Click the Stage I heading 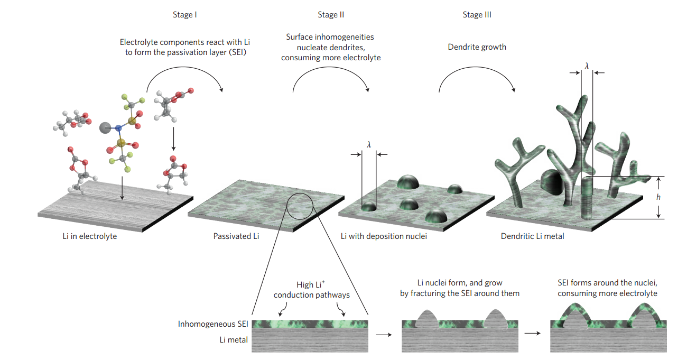click(185, 15)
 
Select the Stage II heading click(331, 15)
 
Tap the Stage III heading click(477, 15)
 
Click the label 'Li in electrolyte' click(90, 236)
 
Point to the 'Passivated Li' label click(236, 236)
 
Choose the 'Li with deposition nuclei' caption click(384, 236)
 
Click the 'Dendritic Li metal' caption click(532, 236)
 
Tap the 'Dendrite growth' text click(477, 47)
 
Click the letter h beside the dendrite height click(658, 197)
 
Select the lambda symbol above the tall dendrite click(587, 66)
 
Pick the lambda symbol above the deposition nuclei click(369, 144)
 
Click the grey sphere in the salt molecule click(105, 127)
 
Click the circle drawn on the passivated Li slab click(301, 207)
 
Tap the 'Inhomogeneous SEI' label click(212, 324)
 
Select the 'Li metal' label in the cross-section click(234, 340)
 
